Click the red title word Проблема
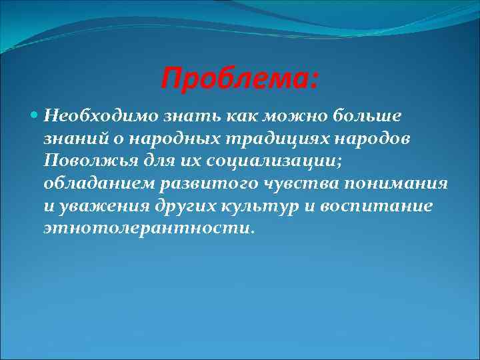(239, 81)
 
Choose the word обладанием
(95, 183)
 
